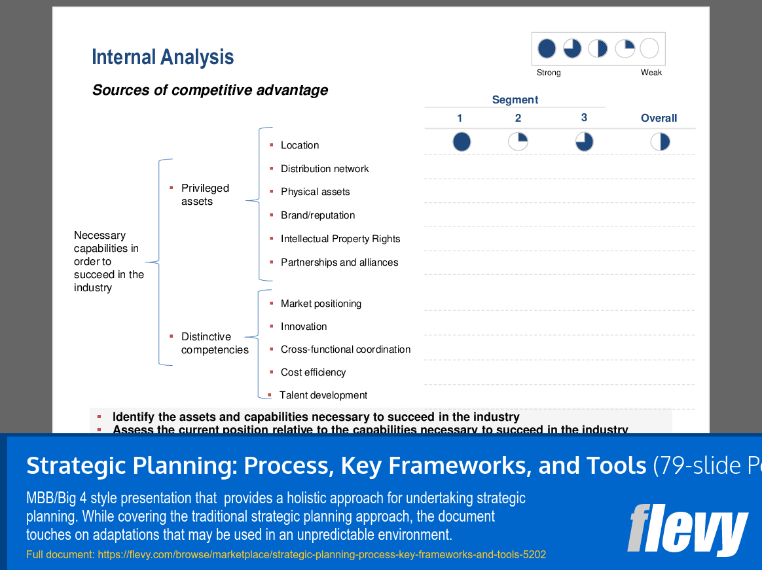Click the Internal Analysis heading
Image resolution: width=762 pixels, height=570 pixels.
[162, 58]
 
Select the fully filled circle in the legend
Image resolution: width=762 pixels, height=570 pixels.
[547, 48]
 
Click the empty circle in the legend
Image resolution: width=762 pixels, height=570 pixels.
[649, 48]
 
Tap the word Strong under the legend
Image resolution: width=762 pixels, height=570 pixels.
[549, 73]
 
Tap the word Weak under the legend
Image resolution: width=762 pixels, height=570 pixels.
[651, 73]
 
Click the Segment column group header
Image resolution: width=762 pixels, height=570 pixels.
[515, 99]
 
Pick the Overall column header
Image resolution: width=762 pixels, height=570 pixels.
[659, 118]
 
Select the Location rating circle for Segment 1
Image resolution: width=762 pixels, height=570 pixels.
[462, 142]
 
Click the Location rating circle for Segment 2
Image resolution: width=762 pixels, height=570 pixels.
[518, 141]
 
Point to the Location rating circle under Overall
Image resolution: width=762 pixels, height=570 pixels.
[660, 142]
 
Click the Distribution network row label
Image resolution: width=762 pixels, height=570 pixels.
[325, 169]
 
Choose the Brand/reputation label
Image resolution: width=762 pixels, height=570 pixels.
[317, 215]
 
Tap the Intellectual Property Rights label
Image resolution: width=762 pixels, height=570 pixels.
[340, 239]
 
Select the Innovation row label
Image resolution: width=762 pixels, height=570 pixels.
[304, 327]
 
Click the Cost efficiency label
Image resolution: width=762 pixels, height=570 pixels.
[313, 372]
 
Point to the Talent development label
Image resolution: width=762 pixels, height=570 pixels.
[323, 395]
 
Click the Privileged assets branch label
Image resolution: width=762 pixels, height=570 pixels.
[205, 195]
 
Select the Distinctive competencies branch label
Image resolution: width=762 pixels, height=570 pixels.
[215, 344]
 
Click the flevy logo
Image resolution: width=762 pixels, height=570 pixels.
[687, 528]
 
